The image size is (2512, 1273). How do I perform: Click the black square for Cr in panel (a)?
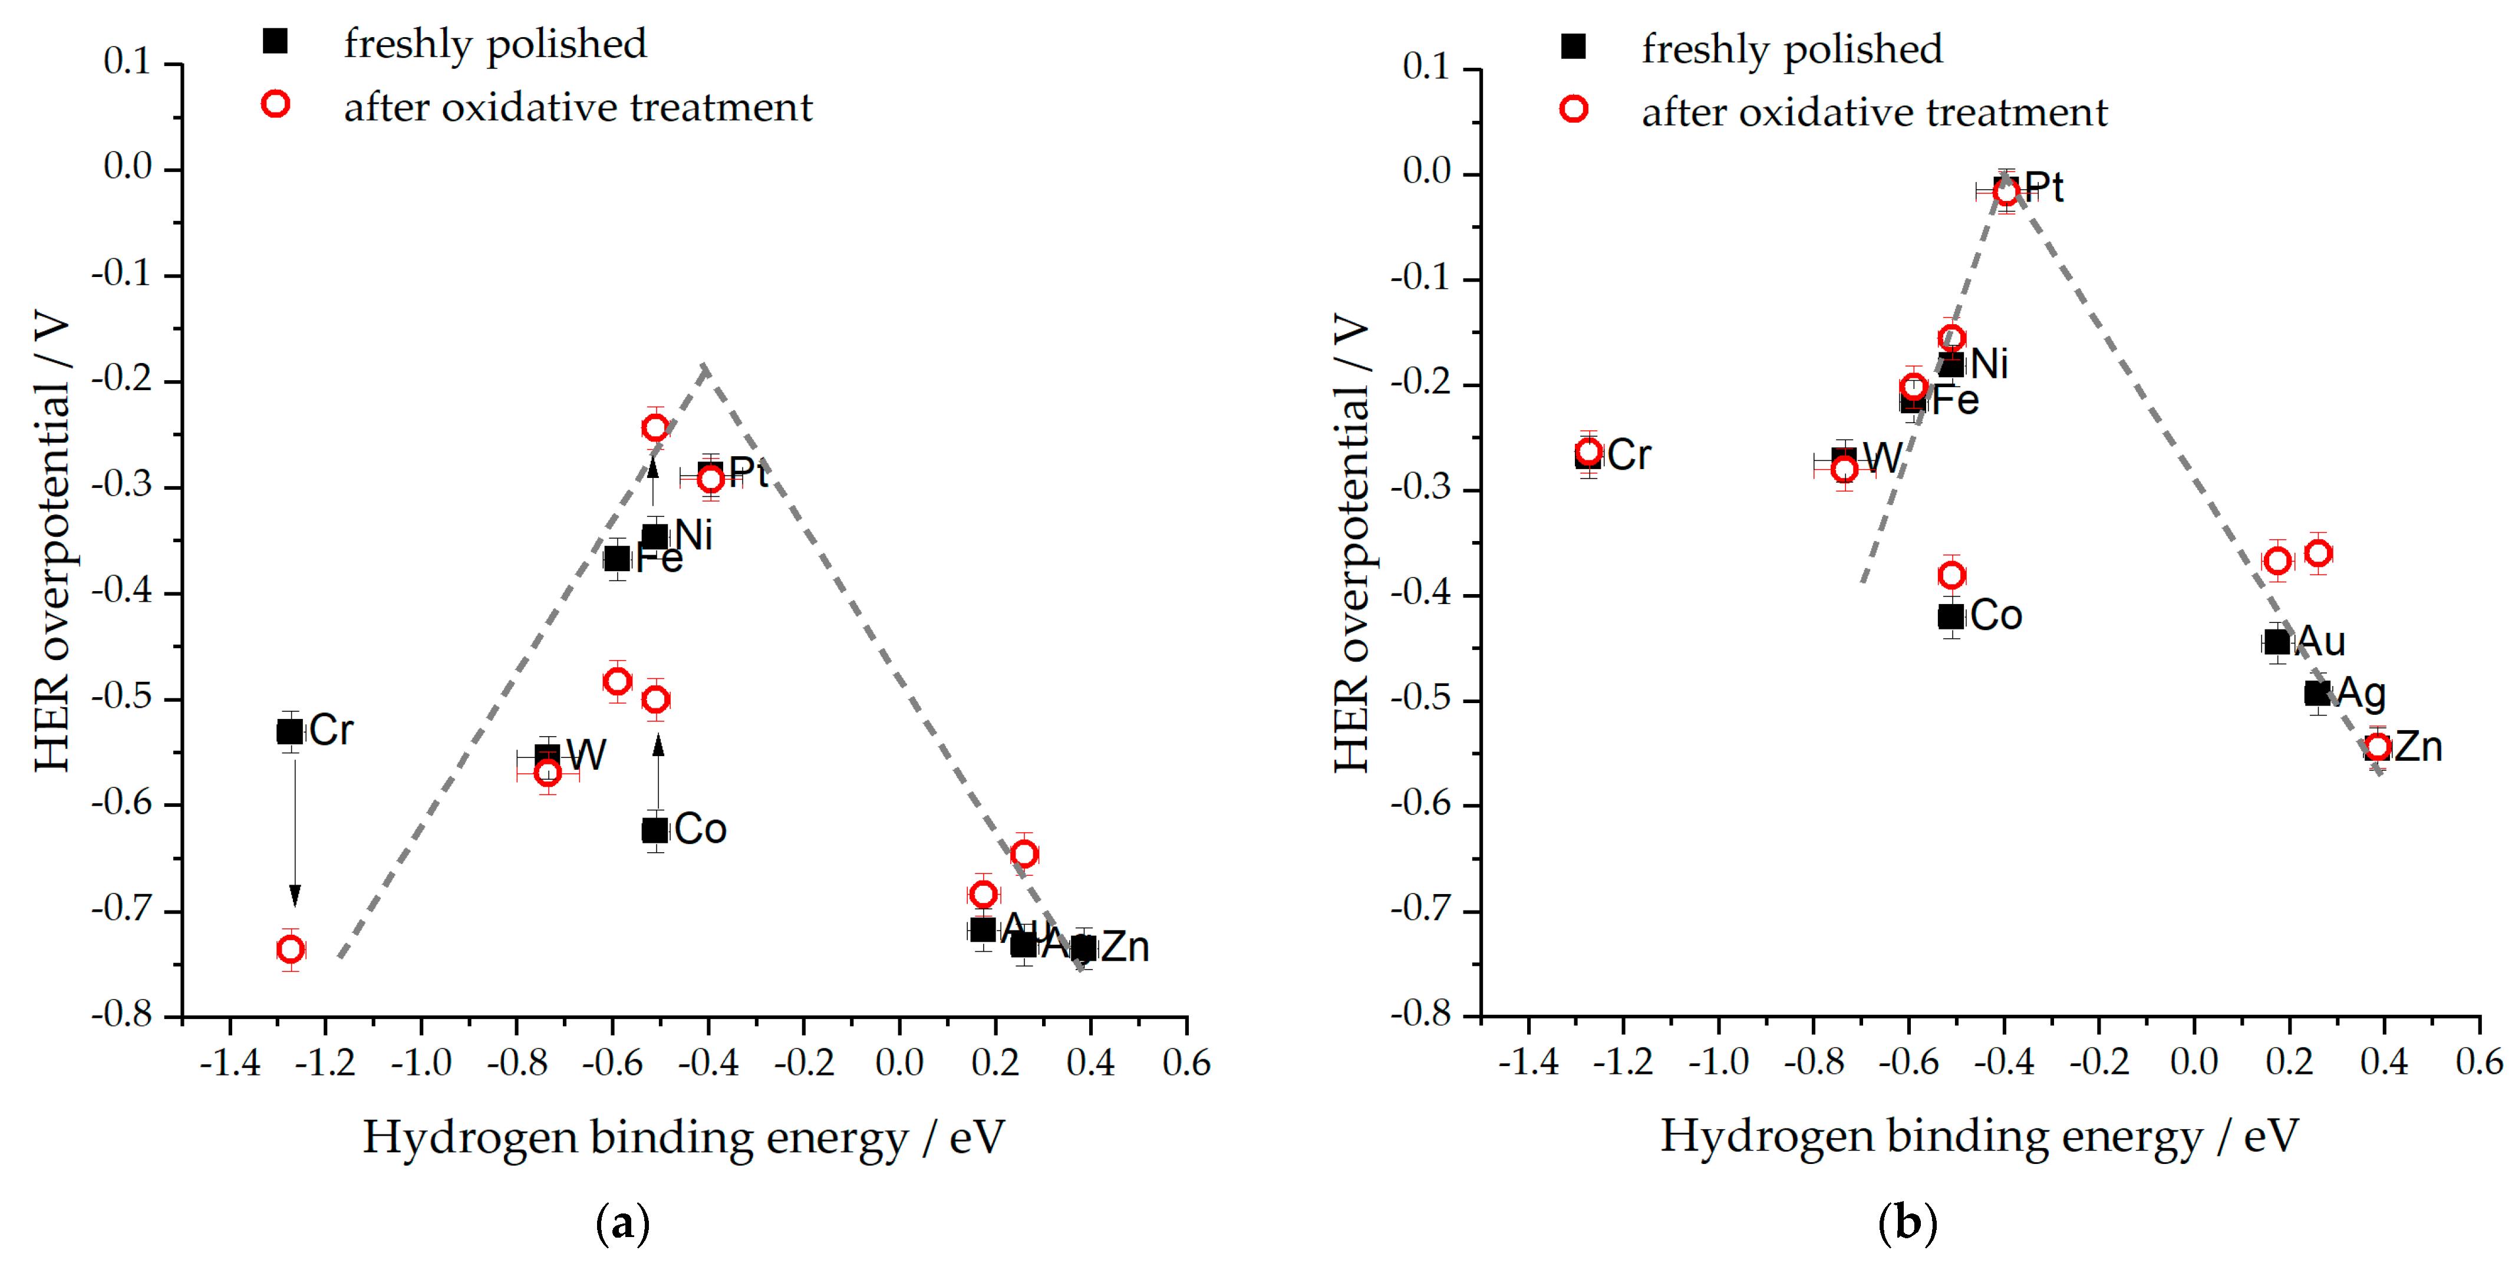(x=289, y=731)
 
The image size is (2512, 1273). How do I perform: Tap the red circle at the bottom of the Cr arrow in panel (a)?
(x=289, y=948)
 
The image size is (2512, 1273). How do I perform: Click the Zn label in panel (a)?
(x=1125, y=946)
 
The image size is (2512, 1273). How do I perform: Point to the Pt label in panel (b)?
(x=2044, y=187)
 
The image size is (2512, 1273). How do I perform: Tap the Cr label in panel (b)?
(x=1630, y=455)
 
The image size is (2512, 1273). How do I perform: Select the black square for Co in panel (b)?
(x=1950, y=616)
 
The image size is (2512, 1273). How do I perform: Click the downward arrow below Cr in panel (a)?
(x=295, y=833)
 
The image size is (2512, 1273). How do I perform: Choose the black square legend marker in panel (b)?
(x=1573, y=47)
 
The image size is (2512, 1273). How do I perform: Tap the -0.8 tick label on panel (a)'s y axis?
(x=122, y=1015)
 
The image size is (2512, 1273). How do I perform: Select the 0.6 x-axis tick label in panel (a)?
(x=1186, y=1063)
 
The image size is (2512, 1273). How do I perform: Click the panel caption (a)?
(x=622, y=1222)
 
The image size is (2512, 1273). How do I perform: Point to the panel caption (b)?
(x=1907, y=1222)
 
